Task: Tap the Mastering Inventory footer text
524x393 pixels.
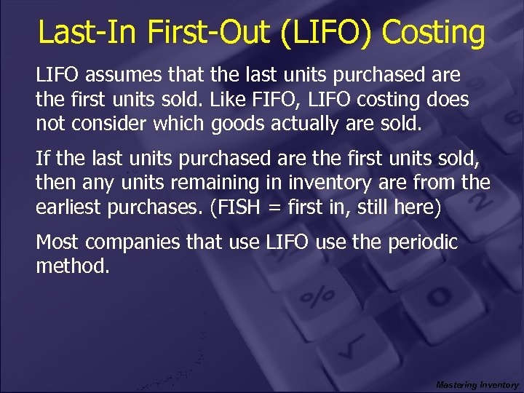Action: pos(477,384)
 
